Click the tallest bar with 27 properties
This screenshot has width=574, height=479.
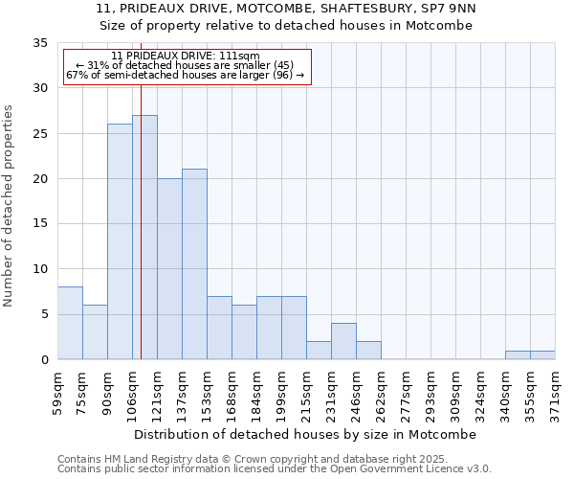pos(145,237)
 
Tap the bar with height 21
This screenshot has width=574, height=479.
pos(194,263)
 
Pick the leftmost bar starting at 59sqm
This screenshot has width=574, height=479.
pos(70,323)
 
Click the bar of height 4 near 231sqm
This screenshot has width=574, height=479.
pos(343,341)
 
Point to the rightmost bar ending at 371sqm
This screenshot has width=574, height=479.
pos(542,354)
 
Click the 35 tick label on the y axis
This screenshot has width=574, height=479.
pos(39,43)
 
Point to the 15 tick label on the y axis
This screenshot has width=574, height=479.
pos(39,224)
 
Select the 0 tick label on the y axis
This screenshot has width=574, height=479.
pos(43,360)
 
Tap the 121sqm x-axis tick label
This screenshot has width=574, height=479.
pos(158,390)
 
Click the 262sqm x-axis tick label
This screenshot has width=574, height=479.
pos(382,390)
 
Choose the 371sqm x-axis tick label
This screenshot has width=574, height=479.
pos(556,390)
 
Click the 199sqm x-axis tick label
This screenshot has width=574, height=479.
pos(282,390)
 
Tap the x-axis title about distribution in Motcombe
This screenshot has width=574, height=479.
pos(305,434)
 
